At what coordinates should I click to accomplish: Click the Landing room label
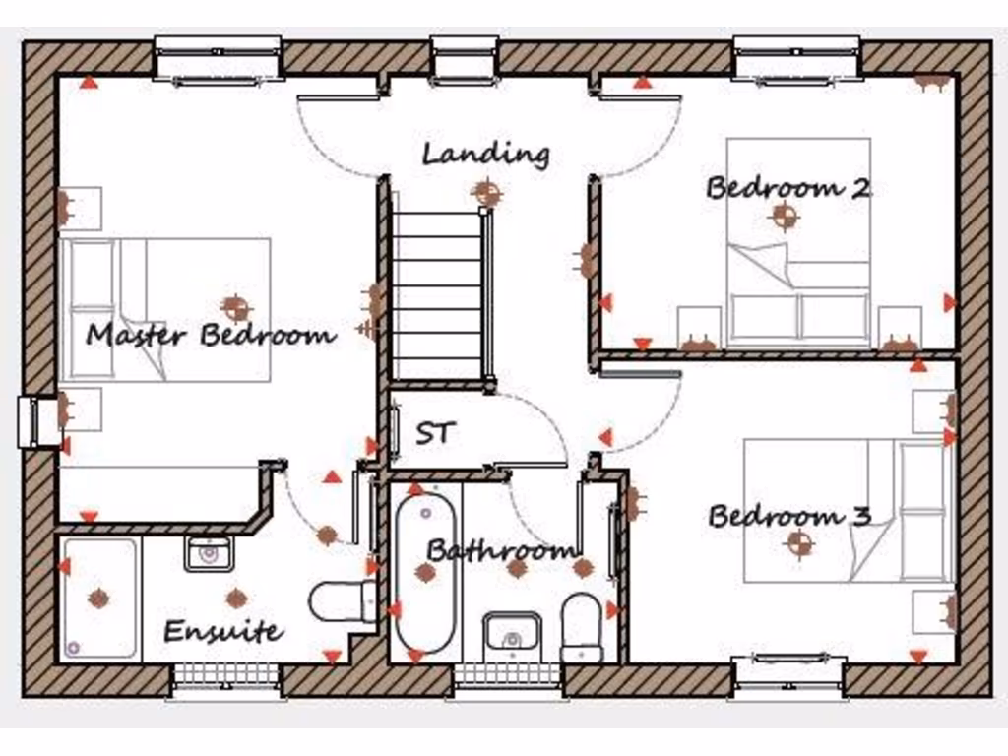485,155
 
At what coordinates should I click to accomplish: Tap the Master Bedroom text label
210,335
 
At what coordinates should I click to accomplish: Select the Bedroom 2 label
787,187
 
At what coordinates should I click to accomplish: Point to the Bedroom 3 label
789,516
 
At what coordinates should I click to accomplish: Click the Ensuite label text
223,631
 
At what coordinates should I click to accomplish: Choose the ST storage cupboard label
434,433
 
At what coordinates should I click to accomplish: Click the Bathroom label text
501,549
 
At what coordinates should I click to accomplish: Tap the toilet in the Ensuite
341,601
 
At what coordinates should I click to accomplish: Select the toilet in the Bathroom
581,625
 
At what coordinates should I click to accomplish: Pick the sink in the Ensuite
208,553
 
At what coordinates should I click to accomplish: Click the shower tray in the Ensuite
98,598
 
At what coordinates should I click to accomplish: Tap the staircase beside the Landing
437,290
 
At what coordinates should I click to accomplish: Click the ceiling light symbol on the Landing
486,193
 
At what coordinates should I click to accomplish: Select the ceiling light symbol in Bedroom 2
784,216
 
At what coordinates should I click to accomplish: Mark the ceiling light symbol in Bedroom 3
799,542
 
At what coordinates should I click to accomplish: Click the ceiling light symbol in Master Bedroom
234,307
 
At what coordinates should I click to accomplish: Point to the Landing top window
464,57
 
